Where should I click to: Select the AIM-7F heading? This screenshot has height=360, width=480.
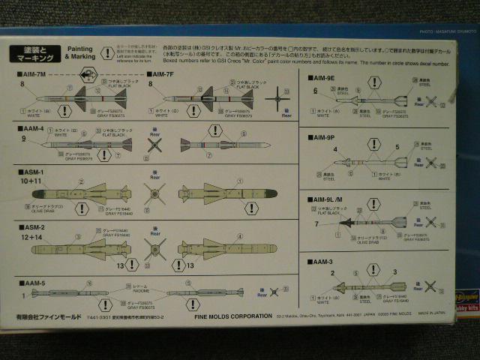pyautogui.click(x=163, y=76)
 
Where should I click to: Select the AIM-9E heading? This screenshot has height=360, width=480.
pyautogui.click(x=324, y=79)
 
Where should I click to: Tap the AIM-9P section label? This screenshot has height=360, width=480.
pyautogui.click(x=324, y=139)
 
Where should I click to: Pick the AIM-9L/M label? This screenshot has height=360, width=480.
pyautogui.click(x=328, y=200)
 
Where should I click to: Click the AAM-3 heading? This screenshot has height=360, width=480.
pyautogui.click(x=322, y=262)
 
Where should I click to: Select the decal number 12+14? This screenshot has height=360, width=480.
pyautogui.click(x=31, y=236)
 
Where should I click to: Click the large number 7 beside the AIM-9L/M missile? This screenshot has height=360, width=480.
pyautogui.click(x=317, y=223)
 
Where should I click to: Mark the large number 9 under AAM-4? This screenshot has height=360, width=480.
pyautogui.click(x=24, y=139)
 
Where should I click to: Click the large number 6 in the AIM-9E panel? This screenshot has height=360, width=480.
pyautogui.click(x=316, y=91)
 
